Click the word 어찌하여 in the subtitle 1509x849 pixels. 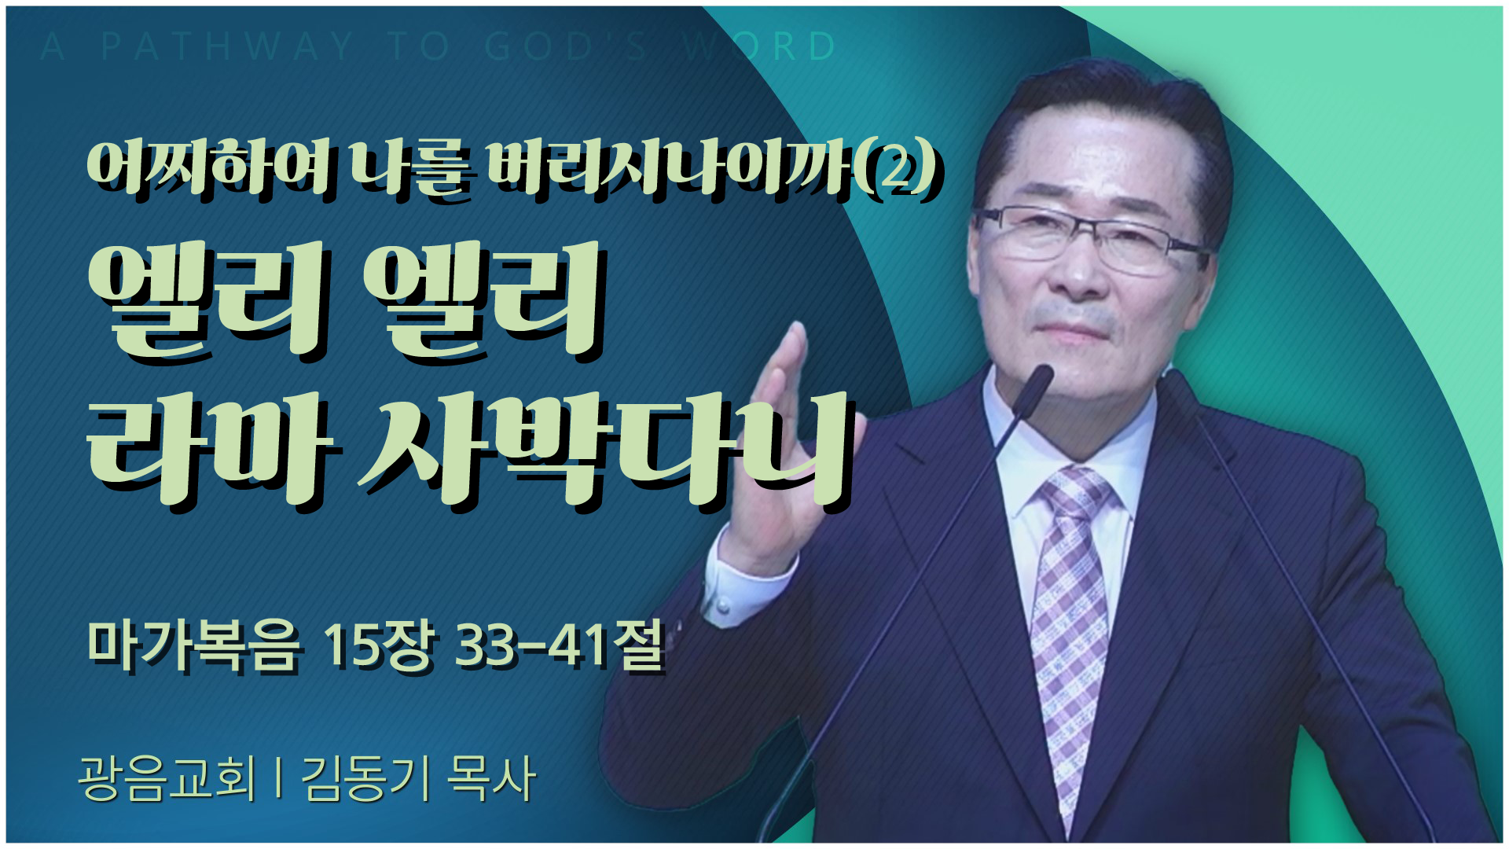208,167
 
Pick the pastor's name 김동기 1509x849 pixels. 366,778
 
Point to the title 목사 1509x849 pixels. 492,778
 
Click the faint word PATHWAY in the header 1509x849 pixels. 228,46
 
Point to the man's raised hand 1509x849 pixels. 782,448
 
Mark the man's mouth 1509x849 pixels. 1073,330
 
